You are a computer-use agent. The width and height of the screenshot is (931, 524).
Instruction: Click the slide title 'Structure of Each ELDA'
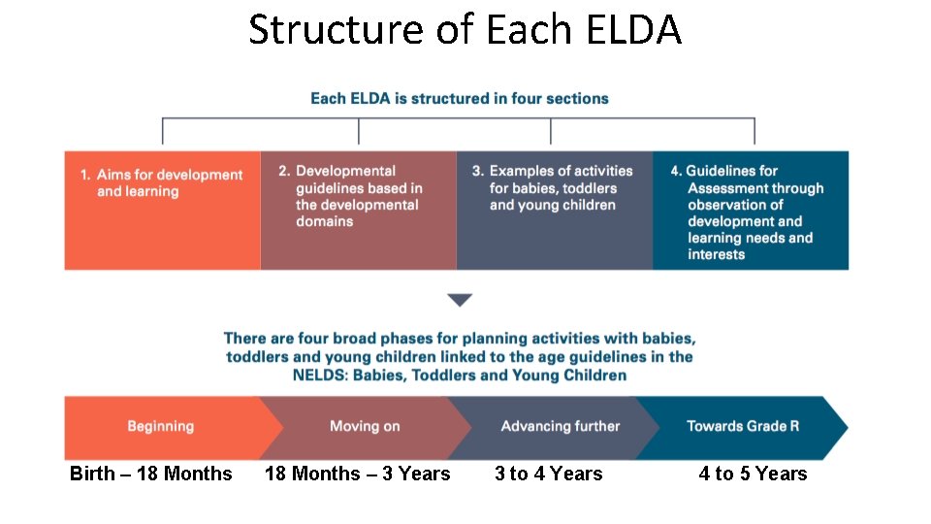click(465, 29)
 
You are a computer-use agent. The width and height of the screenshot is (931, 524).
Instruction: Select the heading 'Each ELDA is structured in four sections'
click(459, 98)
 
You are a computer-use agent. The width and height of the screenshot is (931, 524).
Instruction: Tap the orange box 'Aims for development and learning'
click(162, 210)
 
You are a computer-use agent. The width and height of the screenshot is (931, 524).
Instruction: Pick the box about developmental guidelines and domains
click(358, 210)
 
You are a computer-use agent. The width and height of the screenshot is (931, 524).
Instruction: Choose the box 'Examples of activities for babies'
click(554, 210)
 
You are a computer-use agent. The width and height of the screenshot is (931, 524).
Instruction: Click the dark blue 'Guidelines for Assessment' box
click(750, 210)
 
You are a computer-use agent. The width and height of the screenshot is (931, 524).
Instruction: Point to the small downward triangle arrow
click(460, 300)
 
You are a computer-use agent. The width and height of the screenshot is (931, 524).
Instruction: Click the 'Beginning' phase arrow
click(161, 427)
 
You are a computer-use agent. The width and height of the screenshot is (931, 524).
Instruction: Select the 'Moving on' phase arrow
click(365, 427)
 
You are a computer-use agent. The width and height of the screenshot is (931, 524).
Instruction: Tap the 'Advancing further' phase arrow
click(560, 427)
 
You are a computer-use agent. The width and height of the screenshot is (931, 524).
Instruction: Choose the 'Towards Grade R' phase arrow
click(743, 427)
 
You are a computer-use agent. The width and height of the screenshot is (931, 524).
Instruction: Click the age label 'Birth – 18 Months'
click(151, 474)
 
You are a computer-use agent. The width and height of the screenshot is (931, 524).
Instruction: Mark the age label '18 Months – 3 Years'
click(358, 474)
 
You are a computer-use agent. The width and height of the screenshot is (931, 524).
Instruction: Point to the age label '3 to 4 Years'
click(548, 474)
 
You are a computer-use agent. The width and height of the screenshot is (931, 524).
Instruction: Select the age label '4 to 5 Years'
click(753, 474)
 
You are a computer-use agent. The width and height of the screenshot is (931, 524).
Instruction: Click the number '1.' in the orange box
click(86, 176)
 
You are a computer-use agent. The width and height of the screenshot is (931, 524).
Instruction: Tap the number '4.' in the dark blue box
click(676, 171)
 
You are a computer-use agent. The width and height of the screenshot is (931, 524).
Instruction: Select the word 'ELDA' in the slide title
click(632, 29)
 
